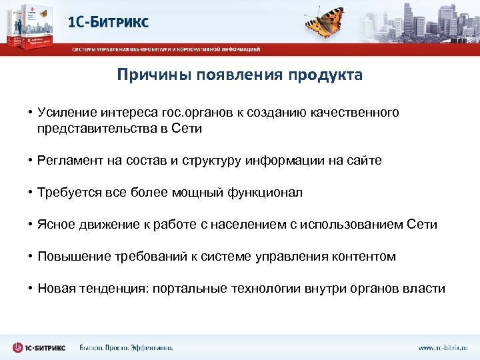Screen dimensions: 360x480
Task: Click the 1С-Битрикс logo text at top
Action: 109,21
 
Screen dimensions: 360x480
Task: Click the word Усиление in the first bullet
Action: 66,113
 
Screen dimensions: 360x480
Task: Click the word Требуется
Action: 68,193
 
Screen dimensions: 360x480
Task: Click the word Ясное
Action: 57,225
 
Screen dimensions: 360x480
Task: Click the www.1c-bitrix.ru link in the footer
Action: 443,347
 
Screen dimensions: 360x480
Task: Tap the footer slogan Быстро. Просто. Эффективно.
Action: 126,347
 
